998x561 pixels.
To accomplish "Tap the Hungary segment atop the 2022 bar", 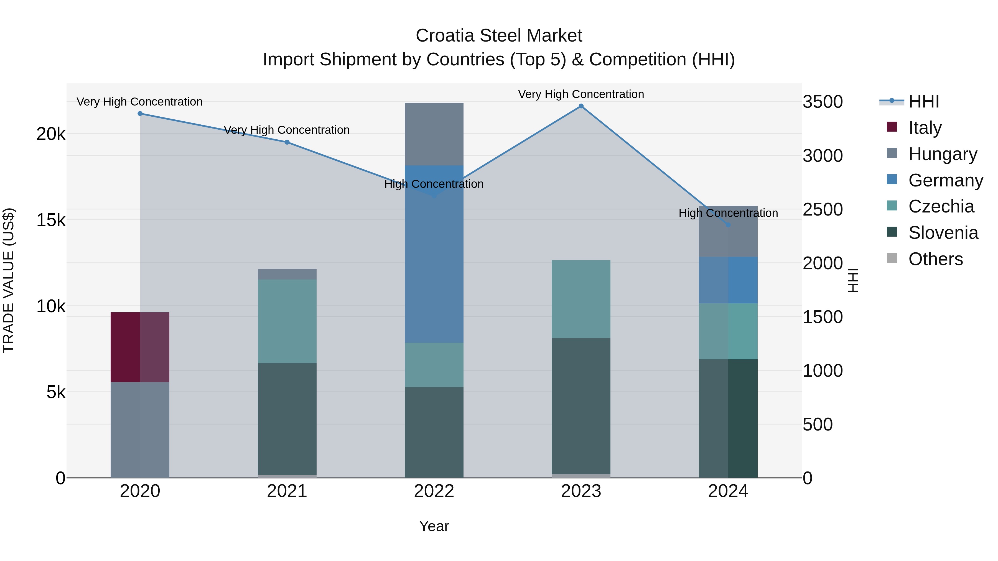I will [x=434, y=134].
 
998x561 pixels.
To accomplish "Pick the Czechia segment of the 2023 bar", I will [x=581, y=299].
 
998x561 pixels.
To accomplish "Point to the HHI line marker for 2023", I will [x=581, y=106].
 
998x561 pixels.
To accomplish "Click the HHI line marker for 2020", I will [x=140, y=113].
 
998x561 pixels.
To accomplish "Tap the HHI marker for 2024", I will [x=728, y=225].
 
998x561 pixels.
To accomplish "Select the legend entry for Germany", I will [x=945, y=180].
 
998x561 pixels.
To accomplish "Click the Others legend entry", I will [x=935, y=259].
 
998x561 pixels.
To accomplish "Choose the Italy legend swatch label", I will [x=925, y=128].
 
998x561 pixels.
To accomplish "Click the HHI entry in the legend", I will [x=924, y=101].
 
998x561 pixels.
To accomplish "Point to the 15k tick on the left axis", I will [x=51, y=220].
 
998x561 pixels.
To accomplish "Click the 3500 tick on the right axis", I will [x=823, y=102].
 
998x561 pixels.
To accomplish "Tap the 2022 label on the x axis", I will [x=434, y=491].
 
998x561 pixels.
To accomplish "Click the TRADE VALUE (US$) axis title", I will [x=9, y=280].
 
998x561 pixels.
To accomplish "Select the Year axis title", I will [x=434, y=526].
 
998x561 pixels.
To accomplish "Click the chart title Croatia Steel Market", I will [x=499, y=36].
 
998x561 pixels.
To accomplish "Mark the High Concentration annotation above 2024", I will [x=728, y=213].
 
